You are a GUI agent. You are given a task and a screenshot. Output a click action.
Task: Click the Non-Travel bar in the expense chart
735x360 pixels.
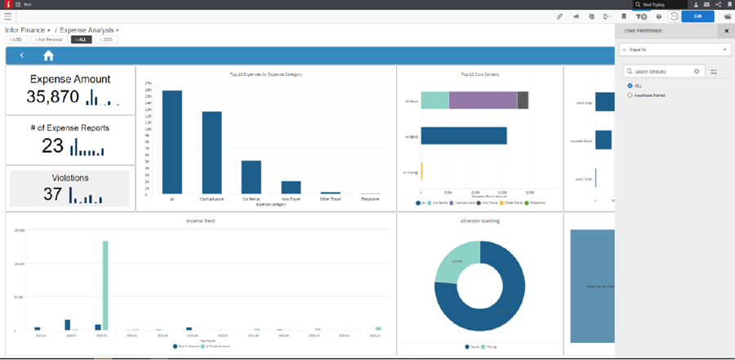point(291,187)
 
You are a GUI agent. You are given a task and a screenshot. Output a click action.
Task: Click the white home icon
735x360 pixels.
point(48,56)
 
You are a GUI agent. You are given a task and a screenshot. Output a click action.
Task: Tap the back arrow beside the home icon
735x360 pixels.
point(22,56)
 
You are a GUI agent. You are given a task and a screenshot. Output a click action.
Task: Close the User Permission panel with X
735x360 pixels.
point(727,31)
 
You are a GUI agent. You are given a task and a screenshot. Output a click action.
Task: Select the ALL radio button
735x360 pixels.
point(630,85)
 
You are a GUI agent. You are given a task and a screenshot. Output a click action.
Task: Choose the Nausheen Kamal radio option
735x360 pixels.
point(630,96)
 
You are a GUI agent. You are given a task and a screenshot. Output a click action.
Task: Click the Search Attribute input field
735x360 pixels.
point(661,72)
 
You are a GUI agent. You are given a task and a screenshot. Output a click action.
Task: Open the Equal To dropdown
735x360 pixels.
point(674,50)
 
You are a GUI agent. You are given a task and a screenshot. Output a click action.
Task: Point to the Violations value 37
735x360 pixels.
point(53,194)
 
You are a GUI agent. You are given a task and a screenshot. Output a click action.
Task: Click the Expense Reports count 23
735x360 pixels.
point(52,145)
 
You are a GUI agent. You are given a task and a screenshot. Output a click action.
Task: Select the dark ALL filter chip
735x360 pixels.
point(81,39)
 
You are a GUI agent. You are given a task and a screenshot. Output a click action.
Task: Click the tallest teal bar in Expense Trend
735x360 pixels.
point(105,285)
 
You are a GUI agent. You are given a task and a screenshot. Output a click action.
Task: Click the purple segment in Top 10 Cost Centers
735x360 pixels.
point(482,100)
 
